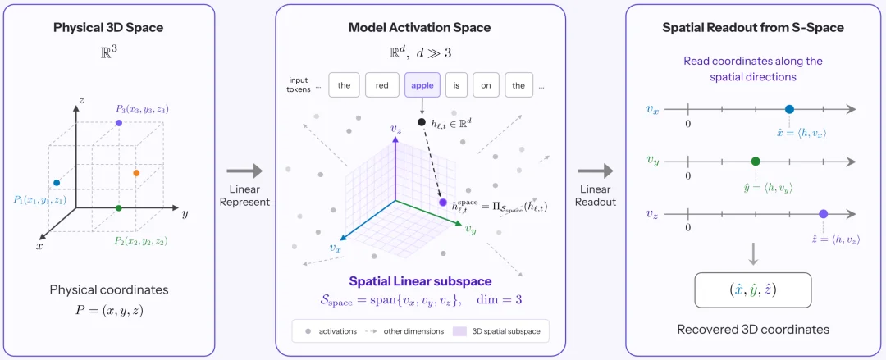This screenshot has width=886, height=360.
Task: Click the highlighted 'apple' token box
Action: (x=422, y=86)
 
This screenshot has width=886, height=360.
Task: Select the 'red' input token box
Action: (x=381, y=86)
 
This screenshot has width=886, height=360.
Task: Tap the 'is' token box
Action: (x=456, y=86)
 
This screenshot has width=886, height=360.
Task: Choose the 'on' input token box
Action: (x=486, y=86)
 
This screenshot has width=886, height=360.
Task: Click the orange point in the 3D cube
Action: (x=135, y=172)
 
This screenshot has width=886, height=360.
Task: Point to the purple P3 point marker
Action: (x=119, y=123)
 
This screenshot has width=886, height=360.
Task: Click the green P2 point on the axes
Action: (x=118, y=208)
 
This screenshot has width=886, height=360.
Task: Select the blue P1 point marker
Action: (x=57, y=183)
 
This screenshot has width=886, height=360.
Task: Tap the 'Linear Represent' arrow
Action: (x=244, y=171)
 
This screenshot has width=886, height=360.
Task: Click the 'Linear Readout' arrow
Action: (x=595, y=171)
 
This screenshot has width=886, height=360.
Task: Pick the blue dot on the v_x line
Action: (x=789, y=109)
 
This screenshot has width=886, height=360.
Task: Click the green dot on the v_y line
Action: (x=756, y=162)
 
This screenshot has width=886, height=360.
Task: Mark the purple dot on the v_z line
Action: (x=824, y=214)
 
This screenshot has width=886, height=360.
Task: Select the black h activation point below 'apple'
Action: (x=422, y=122)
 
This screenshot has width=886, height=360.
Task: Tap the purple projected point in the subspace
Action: (x=443, y=203)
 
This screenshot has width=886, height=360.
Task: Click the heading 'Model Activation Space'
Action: (x=420, y=28)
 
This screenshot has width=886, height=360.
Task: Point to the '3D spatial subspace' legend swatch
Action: (x=459, y=331)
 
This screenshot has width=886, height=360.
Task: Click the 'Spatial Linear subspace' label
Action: (x=420, y=281)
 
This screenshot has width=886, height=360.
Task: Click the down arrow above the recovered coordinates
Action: (x=753, y=254)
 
